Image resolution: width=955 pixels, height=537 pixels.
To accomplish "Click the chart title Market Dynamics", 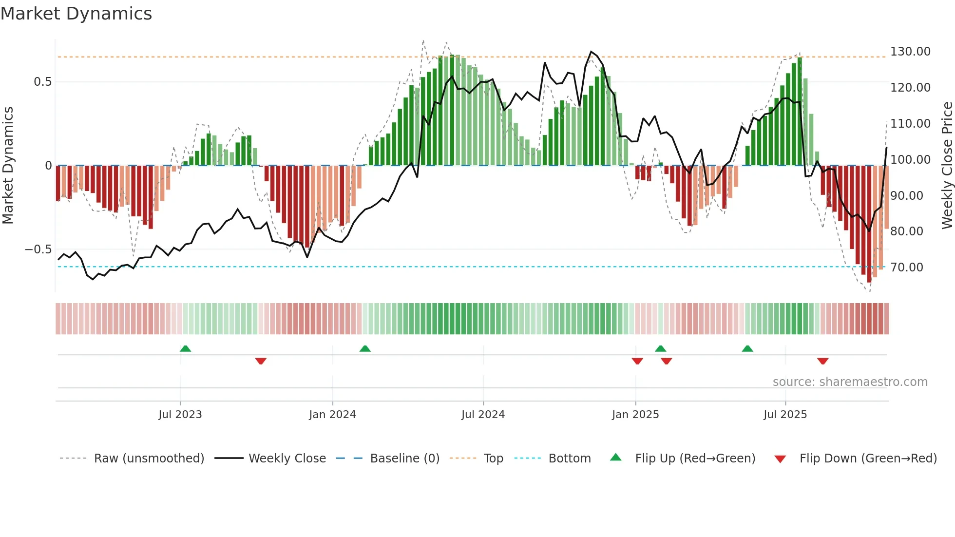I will point(76,14).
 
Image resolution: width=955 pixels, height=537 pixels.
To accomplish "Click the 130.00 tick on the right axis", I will point(910,52).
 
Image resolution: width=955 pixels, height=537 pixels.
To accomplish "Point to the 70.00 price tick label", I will point(906,268).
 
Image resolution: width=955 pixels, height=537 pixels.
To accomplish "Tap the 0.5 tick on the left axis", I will point(43,82).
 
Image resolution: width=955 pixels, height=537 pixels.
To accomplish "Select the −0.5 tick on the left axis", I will point(38,249).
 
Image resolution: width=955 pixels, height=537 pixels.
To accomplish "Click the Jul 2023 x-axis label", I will point(180,415).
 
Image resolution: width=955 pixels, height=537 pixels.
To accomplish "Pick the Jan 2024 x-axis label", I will point(332,415).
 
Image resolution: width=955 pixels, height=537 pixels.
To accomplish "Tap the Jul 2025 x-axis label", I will point(785,415).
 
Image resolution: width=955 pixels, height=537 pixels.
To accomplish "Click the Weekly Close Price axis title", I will point(947,166).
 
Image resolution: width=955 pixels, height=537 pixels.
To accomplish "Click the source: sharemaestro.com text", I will point(850,382).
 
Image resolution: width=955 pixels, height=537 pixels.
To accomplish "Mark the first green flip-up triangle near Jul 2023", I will point(185,348).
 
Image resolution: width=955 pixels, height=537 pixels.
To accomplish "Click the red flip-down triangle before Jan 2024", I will point(261,361).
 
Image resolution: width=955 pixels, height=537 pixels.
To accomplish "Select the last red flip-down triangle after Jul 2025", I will point(822,361).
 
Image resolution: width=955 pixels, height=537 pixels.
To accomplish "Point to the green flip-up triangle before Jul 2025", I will point(747,348).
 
